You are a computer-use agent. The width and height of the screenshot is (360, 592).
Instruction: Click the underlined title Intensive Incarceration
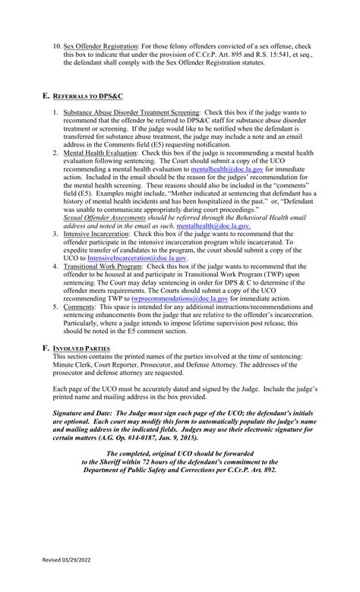click(x=98, y=233)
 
